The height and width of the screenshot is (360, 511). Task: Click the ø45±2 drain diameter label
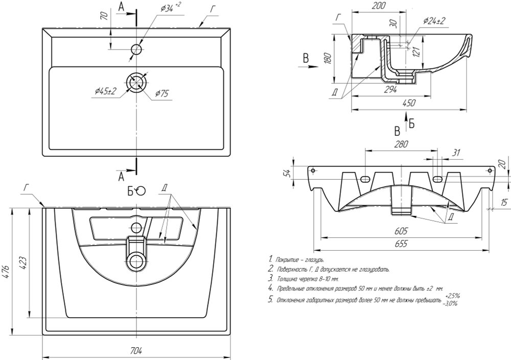click(x=105, y=91)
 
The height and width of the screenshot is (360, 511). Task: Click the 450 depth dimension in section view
click(x=410, y=103)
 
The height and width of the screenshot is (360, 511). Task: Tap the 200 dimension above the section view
click(x=379, y=6)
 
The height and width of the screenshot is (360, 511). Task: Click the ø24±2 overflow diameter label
click(x=434, y=20)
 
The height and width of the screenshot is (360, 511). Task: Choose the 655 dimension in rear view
click(x=401, y=244)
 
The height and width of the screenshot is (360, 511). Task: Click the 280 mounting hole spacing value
click(x=401, y=145)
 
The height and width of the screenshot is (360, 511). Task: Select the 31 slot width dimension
click(x=456, y=152)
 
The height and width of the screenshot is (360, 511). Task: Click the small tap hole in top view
click(x=136, y=50)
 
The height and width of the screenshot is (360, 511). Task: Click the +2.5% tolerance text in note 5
click(x=452, y=296)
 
